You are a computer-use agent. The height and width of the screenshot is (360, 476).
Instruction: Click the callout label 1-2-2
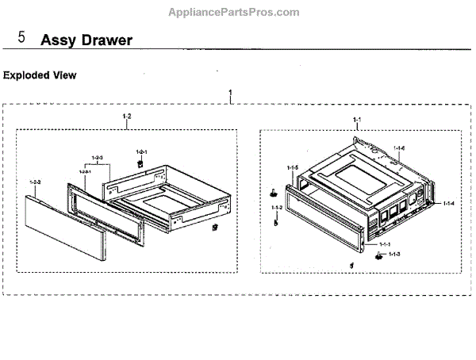point(34,182)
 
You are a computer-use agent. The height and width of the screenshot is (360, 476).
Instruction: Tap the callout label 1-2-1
point(142,151)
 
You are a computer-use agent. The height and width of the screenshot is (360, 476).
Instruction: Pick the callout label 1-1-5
point(292,168)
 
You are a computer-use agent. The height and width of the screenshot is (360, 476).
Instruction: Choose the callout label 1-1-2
point(276,208)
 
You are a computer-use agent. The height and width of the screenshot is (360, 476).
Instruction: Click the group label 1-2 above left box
point(126,117)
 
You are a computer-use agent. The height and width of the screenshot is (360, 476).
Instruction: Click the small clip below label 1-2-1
point(140,163)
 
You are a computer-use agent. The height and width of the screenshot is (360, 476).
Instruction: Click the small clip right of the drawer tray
point(214,228)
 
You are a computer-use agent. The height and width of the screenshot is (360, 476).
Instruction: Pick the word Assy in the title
point(55,40)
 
